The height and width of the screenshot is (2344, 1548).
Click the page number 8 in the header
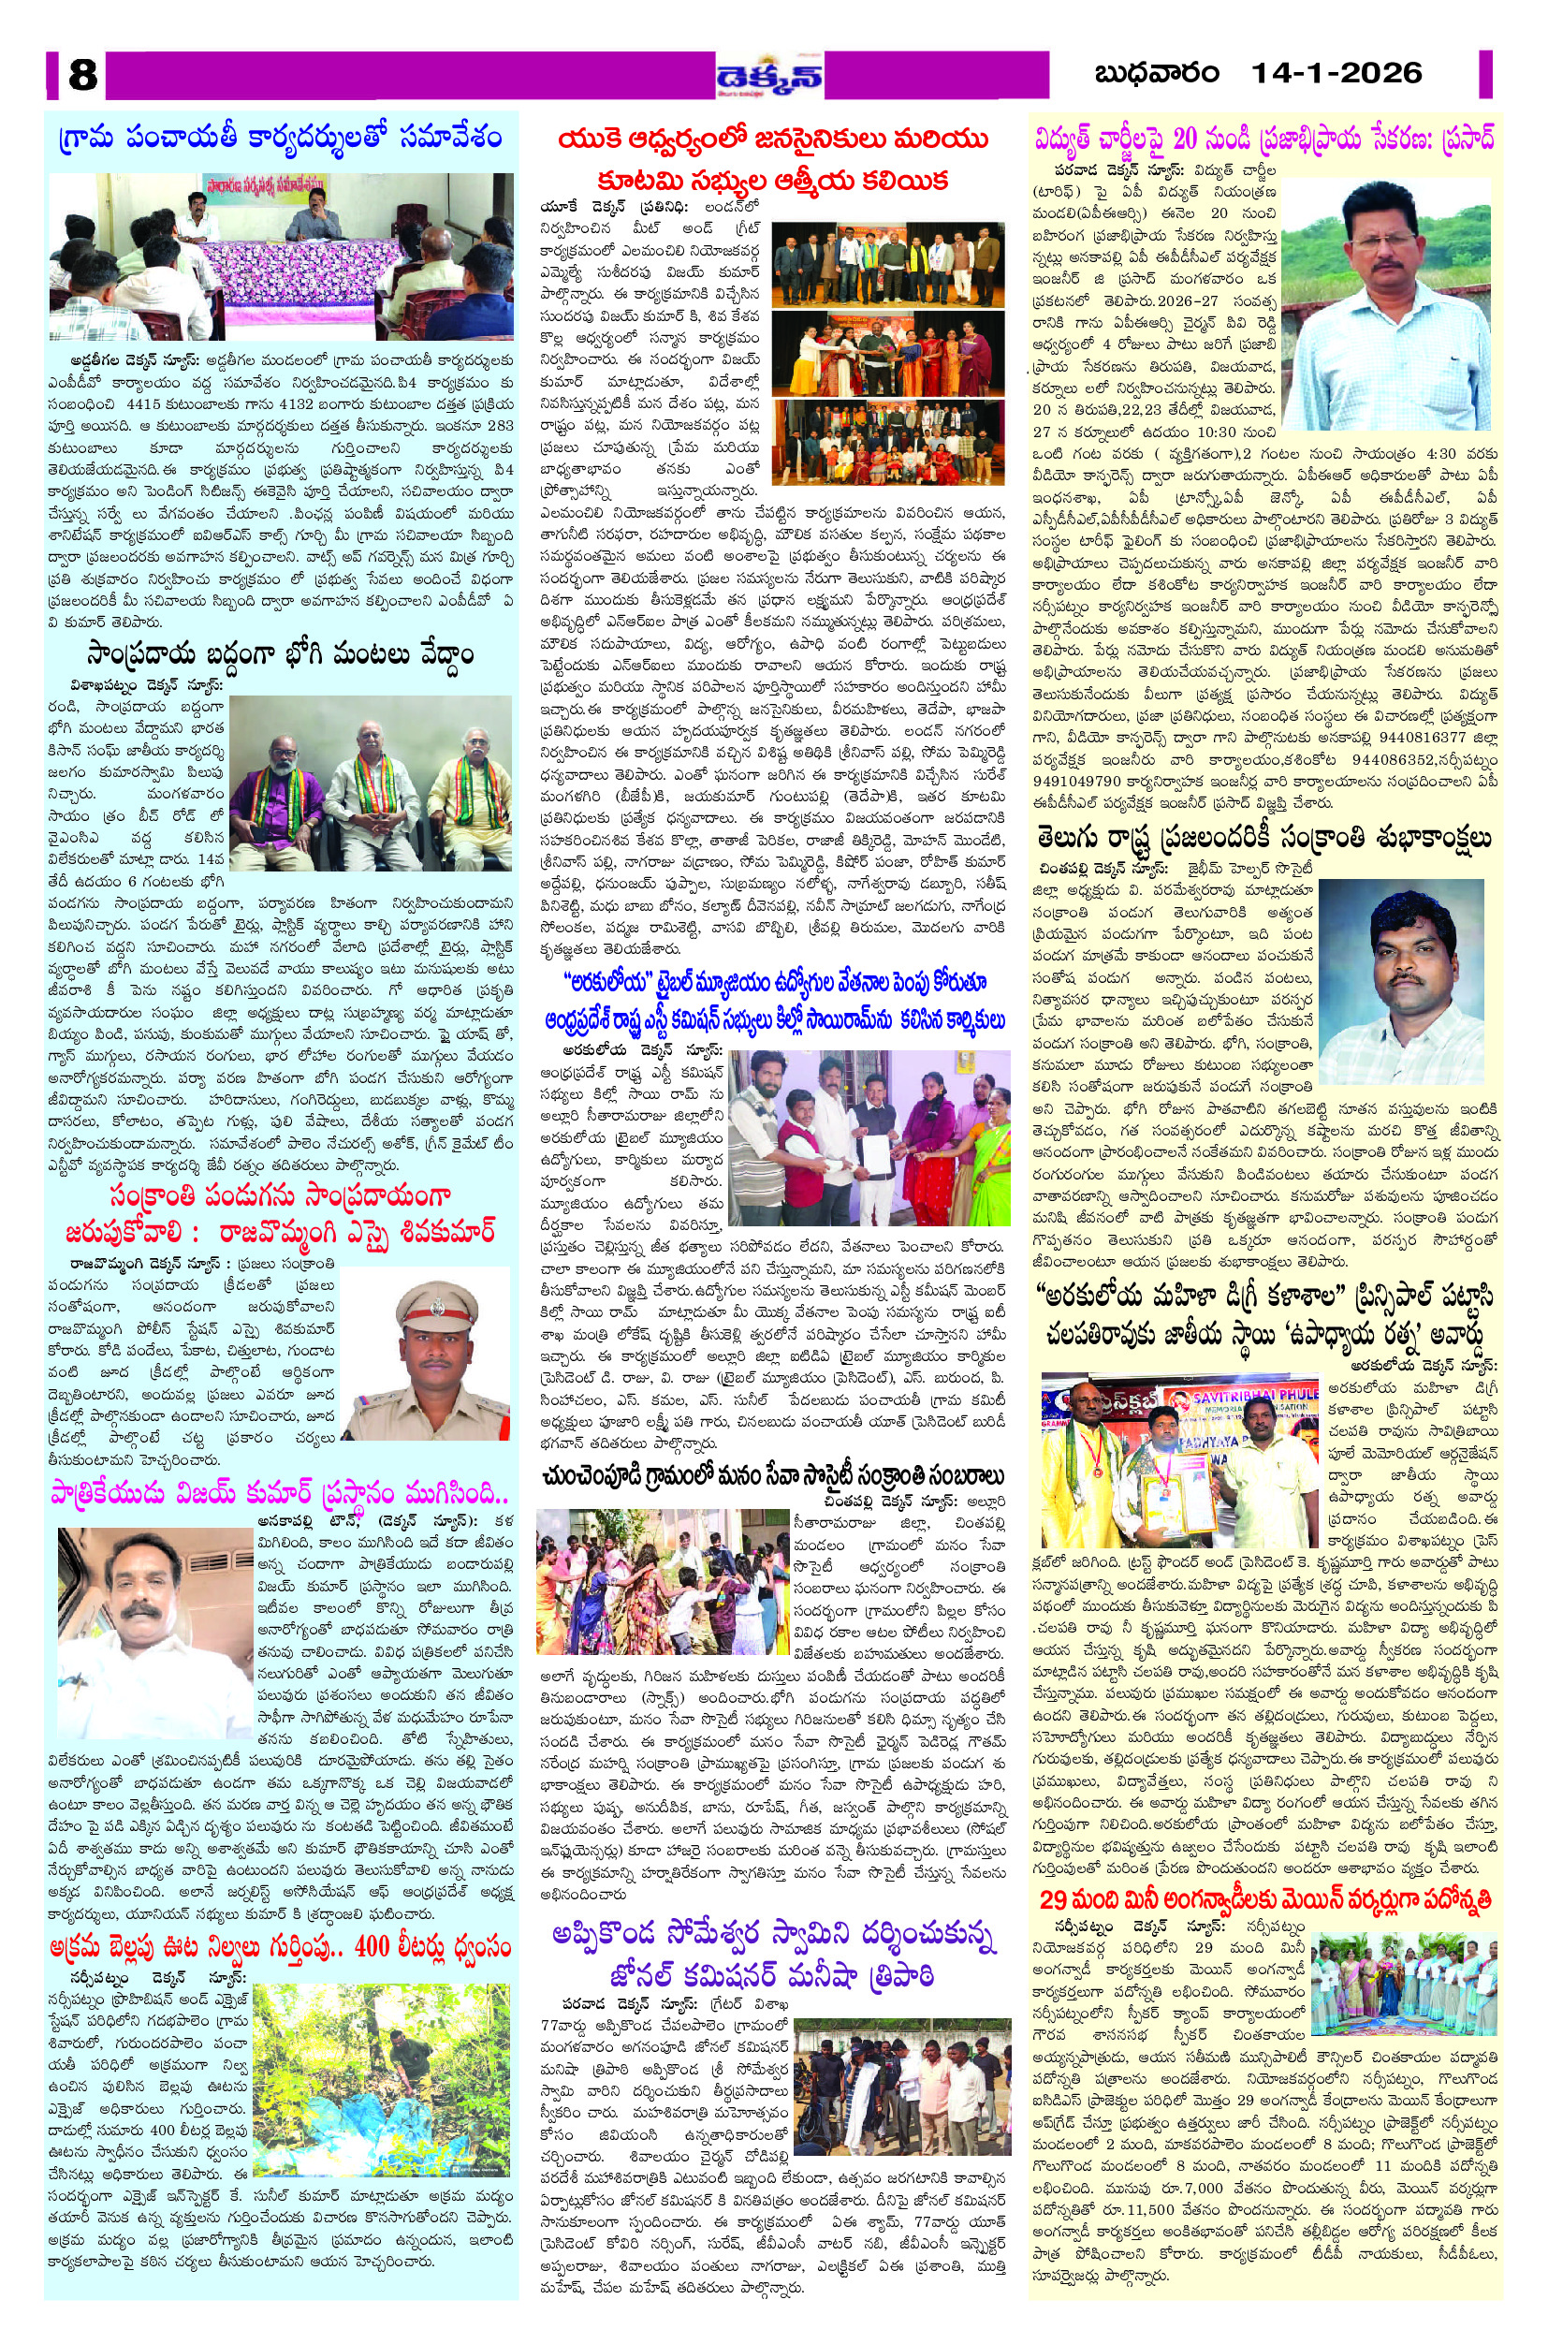click(x=82, y=74)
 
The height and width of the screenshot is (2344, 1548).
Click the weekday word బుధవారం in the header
click(x=1156, y=73)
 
